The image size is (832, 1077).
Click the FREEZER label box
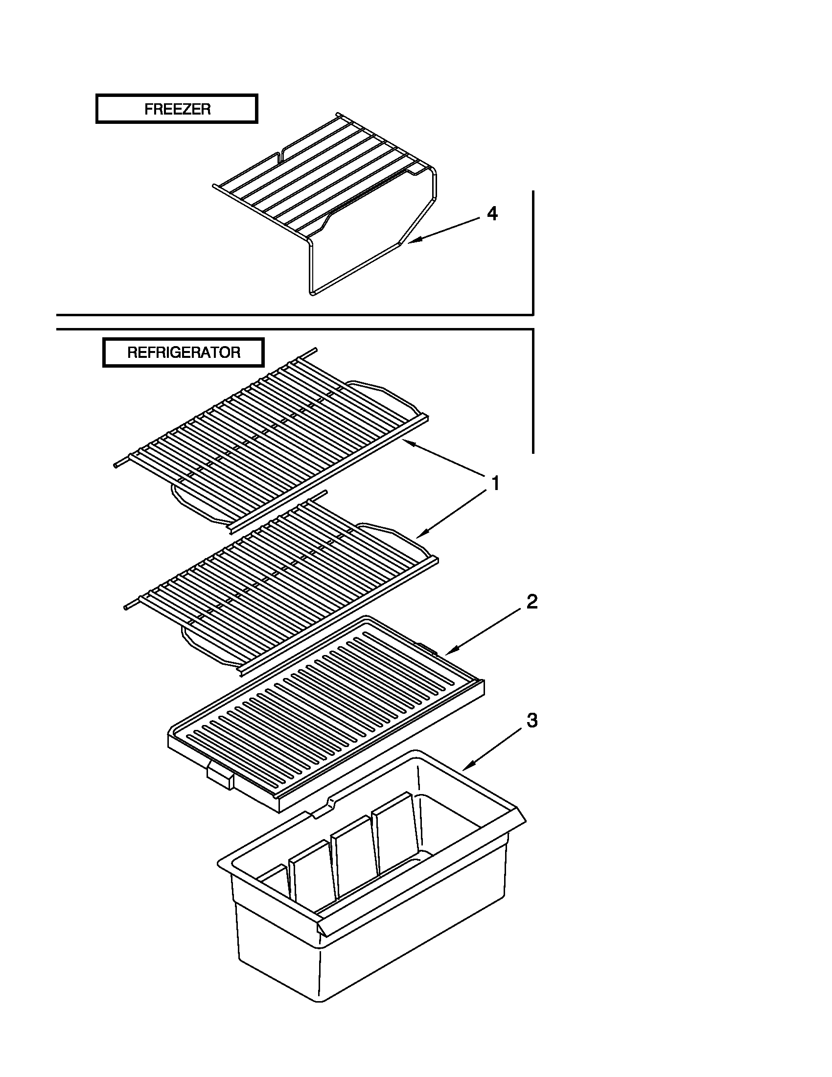pos(177,109)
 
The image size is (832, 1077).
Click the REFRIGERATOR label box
pos(184,352)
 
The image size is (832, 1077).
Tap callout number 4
pos(492,214)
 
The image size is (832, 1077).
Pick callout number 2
pos(532,602)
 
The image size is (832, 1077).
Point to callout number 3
pos(532,721)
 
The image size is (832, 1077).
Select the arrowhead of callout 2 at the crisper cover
pos(448,654)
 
